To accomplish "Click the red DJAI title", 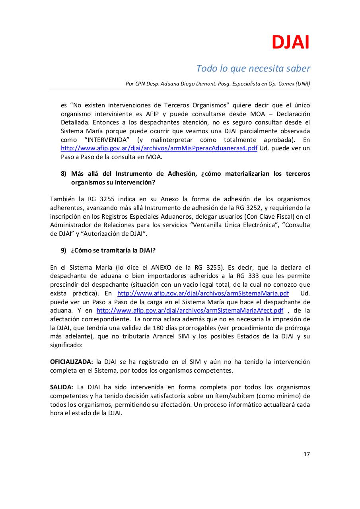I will [x=290, y=43].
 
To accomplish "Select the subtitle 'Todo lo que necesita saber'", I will [x=253, y=68].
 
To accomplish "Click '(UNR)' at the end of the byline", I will [x=303, y=84].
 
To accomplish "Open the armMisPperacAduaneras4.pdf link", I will [x=159, y=148].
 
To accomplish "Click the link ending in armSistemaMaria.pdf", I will [x=203, y=293].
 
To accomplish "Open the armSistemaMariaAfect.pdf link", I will [x=190, y=311].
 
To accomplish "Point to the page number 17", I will [x=306, y=454].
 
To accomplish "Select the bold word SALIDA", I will [x=61, y=387].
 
